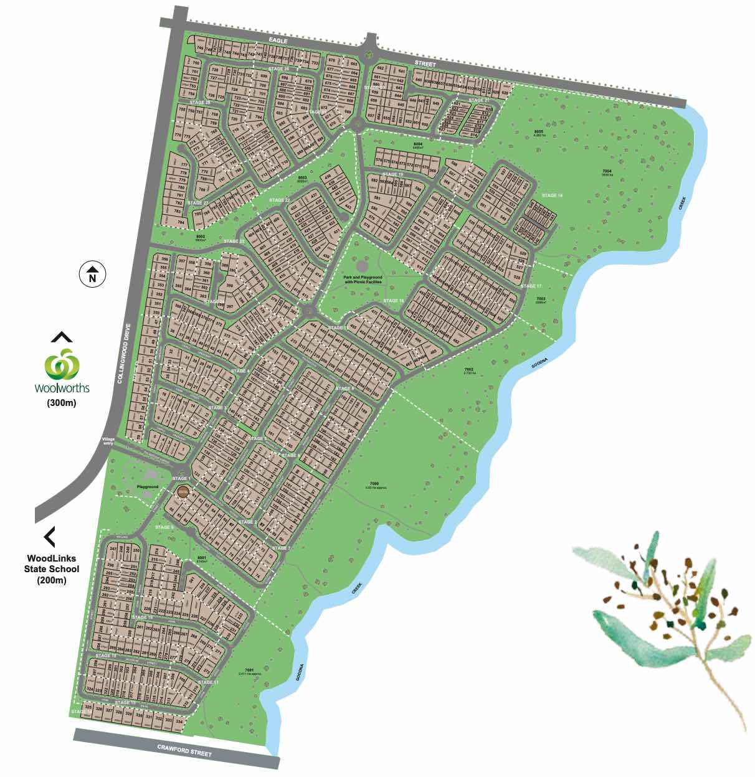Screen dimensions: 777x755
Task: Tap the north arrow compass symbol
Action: (93, 273)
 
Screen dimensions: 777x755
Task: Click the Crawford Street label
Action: (184, 750)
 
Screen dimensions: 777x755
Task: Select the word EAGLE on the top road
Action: (278, 40)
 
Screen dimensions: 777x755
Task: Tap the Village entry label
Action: (109, 441)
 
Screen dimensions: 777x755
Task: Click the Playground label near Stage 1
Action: (148, 487)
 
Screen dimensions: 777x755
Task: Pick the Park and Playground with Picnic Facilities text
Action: (363, 280)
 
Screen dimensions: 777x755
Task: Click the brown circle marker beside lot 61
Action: (183, 492)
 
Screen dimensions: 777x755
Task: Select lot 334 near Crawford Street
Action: (179, 722)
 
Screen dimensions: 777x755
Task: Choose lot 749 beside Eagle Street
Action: (200, 48)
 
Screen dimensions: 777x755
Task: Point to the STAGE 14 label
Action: (552, 195)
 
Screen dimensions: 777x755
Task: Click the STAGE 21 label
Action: (478, 100)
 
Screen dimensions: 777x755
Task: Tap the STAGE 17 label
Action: (531, 286)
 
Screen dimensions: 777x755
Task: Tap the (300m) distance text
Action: (61, 403)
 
